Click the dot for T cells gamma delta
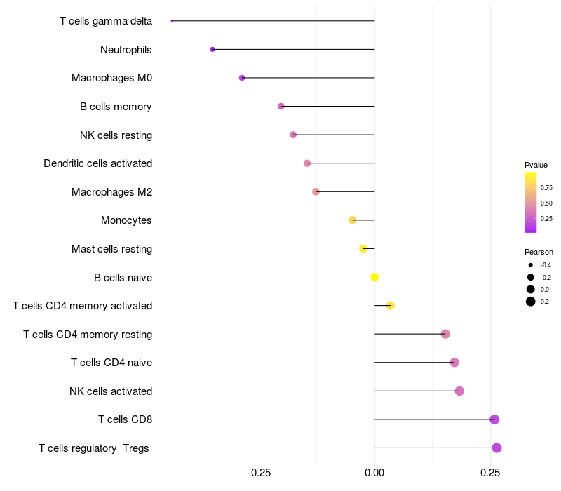coord(172,21)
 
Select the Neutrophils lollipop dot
coord(212,49)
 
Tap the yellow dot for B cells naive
coord(374,277)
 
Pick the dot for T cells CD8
coord(494,419)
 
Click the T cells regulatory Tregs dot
coord(496,448)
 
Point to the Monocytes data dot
coord(352,220)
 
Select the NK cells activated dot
coord(459,391)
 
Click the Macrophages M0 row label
coord(111,78)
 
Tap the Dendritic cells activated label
coord(97,163)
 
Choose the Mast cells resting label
coord(111,249)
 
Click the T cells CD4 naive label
coord(111,363)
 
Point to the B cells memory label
coord(116,107)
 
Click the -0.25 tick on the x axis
coord(259,472)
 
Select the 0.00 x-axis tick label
coord(374,472)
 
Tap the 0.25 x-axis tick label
coord(490,472)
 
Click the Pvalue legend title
coord(536,165)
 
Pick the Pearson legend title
coord(539,252)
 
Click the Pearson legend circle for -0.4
coord(531,265)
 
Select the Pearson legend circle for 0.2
coord(531,302)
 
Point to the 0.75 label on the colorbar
coord(546,187)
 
